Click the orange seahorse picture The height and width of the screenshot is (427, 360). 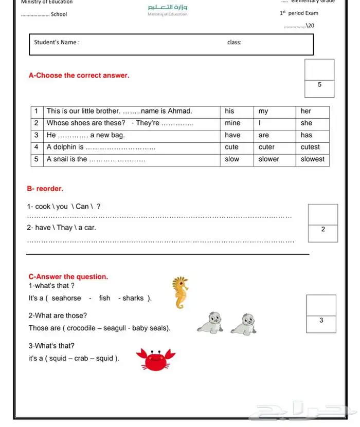point(180,293)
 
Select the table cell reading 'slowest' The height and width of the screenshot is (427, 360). point(313,159)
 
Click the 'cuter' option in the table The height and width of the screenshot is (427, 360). point(266,147)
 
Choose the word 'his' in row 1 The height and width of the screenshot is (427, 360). point(229,111)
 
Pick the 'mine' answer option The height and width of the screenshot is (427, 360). point(232,123)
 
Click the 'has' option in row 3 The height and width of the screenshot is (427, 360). point(307,135)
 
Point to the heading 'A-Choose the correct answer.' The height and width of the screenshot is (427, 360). point(79,76)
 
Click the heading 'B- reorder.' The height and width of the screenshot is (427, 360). point(45,189)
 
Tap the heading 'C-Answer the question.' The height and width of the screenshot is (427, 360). point(68,276)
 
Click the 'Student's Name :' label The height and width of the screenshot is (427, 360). point(57,42)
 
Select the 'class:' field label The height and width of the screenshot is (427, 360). point(234,42)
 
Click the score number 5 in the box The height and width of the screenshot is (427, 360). point(319,84)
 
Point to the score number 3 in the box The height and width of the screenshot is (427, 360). point(321,320)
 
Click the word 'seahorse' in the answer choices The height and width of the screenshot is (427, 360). point(66,298)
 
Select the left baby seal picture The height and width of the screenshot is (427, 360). point(210,323)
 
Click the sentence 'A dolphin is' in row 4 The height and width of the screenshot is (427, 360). point(65,147)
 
